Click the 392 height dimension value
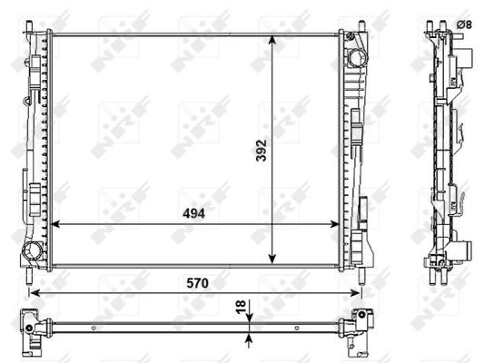(262, 151)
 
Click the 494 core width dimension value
(193, 213)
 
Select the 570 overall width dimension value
(197, 283)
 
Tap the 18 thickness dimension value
(241, 307)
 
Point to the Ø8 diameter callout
(464, 25)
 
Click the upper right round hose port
(358, 58)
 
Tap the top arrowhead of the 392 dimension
(272, 41)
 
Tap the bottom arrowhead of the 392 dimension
(272, 259)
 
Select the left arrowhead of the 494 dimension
(55, 224)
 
